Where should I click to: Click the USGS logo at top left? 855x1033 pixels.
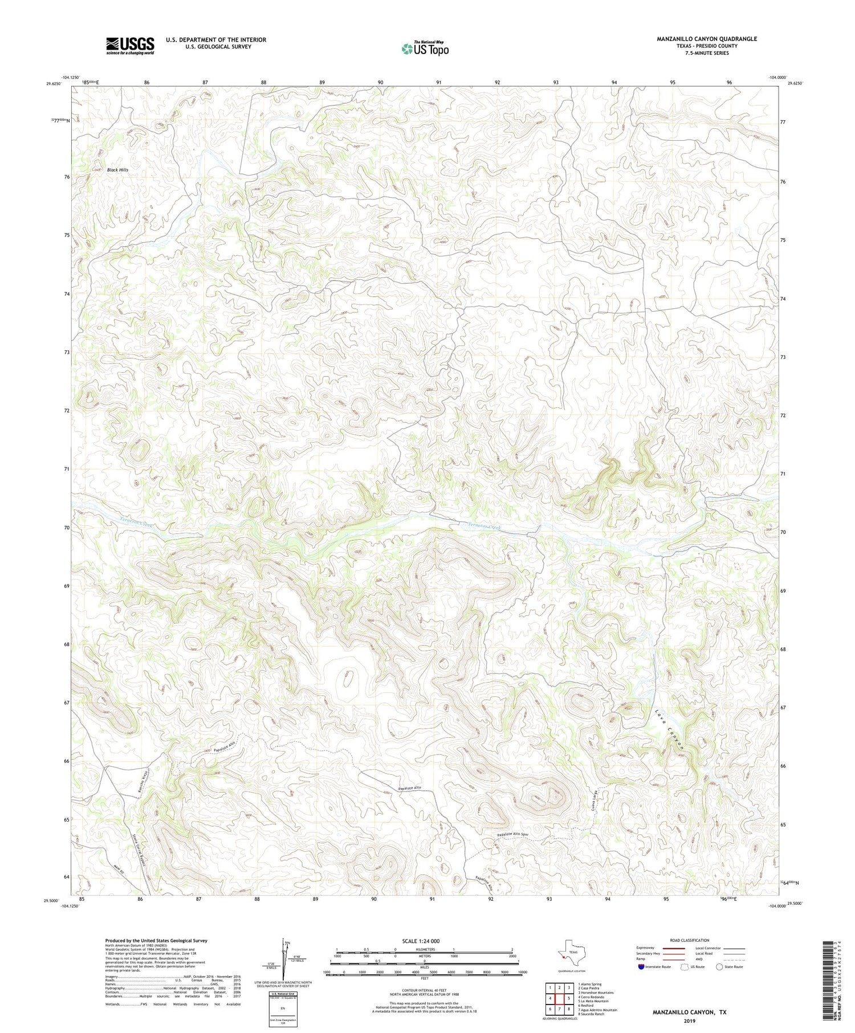130,46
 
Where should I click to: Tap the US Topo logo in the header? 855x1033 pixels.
425,48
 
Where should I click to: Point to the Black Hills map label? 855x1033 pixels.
117,170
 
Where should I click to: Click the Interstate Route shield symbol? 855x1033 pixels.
642,966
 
